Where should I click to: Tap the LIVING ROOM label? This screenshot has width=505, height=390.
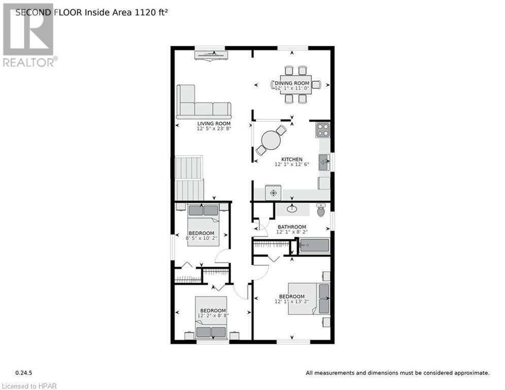point(214,123)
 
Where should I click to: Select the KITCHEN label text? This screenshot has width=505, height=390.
point(292,159)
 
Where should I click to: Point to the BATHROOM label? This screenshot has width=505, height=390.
point(291,226)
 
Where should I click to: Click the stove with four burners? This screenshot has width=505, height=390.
point(322,130)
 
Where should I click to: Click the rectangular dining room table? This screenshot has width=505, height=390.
point(295,84)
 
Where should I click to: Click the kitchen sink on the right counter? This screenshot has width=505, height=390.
point(323,162)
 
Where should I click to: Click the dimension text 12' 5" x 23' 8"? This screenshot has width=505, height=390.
point(214,129)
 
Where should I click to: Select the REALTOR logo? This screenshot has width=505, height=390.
point(29,36)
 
